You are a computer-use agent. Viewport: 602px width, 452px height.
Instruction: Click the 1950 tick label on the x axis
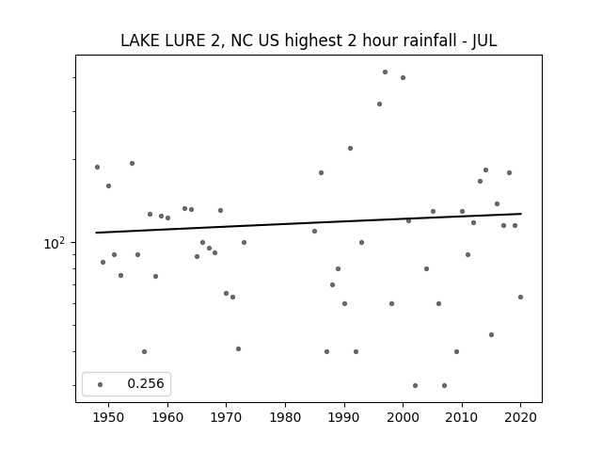(x=109, y=417)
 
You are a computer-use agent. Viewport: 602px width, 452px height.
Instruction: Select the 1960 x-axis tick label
(x=167, y=417)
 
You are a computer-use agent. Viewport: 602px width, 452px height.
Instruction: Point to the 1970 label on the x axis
(x=226, y=417)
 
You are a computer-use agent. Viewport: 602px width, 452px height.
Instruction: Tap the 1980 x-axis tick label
(x=285, y=417)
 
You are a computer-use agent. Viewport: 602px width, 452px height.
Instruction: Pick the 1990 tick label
(x=344, y=417)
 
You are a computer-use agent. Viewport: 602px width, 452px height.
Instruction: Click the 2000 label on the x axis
(x=404, y=417)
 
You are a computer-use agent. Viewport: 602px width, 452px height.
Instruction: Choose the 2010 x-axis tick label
(x=462, y=417)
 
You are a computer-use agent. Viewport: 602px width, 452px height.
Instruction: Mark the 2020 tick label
(x=520, y=417)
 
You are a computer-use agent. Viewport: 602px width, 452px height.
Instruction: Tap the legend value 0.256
(x=146, y=383)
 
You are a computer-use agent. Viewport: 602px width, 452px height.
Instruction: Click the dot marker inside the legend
(x=101, y=384)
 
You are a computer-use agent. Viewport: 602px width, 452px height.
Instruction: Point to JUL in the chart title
(x=484, y=40)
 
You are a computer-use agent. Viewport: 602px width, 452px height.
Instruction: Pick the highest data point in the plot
(x=385, y=73)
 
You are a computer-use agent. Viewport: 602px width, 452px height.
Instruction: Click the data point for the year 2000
(x=404, y=77)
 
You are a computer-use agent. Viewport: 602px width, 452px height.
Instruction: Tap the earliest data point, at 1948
(x=97, y=168)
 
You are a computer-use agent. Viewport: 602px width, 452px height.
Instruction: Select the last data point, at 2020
(x=520, y=298)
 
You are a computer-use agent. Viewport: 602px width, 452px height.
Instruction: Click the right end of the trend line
(x=521, y=214)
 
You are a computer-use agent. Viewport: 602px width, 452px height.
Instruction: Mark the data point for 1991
(x=350, y=149)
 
